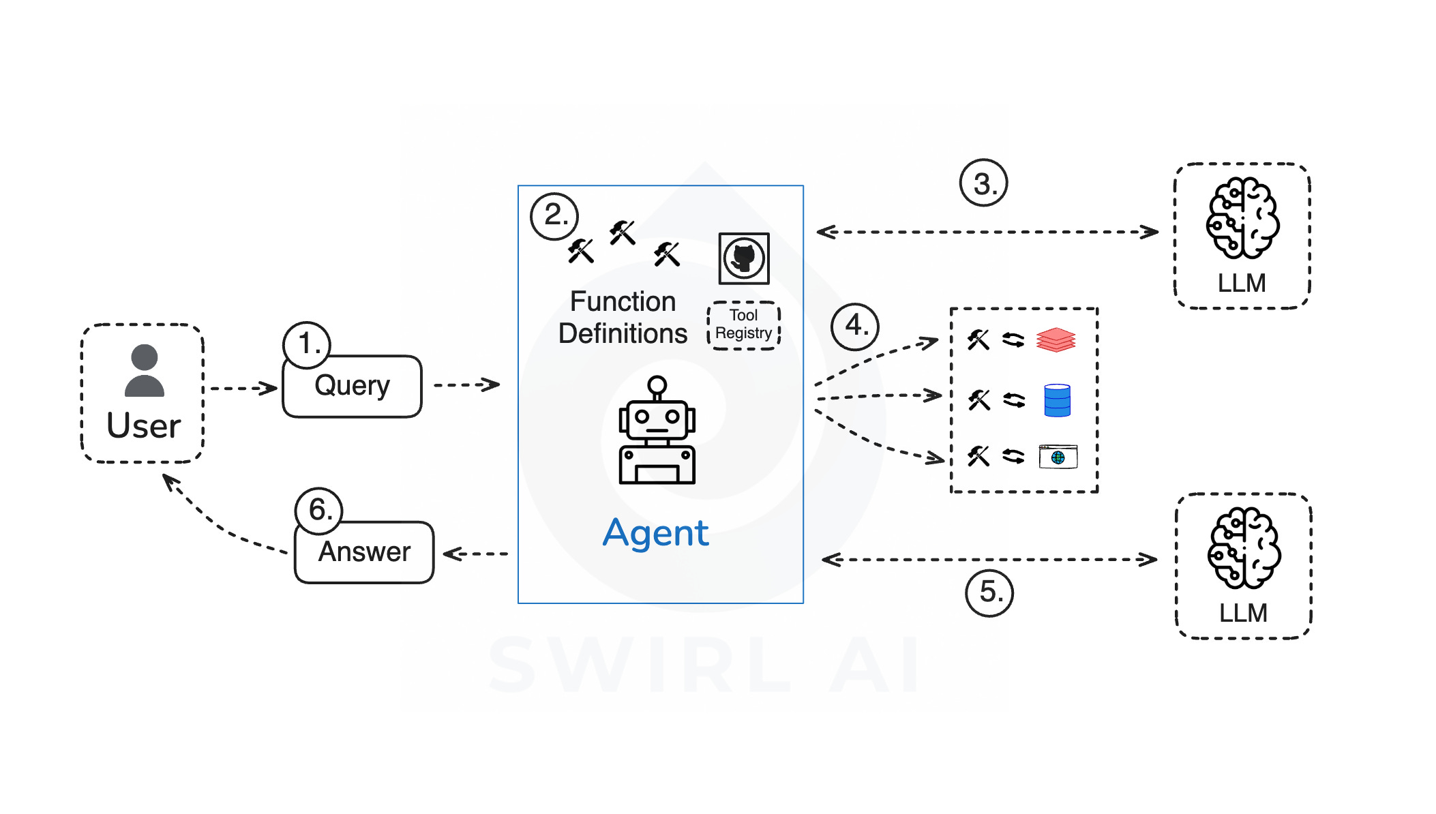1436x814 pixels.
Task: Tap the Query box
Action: click(x=352, y=387)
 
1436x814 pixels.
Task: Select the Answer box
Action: click(x=364, y=552)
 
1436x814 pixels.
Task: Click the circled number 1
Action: click(x=307, y=344)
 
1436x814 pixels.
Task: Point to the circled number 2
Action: click(x=554, y=216)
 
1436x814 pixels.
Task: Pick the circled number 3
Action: click(x=983, y=183)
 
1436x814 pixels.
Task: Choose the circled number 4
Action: click(x=855, y=327)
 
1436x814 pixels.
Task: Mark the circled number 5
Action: click(x=989, y=592)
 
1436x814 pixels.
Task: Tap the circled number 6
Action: click(x=318, y=510)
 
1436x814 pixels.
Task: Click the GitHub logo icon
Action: click(x=744, y=258)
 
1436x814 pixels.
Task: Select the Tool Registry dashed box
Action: click(x=744, y=325)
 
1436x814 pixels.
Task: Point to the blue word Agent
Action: click(x=656, y=533)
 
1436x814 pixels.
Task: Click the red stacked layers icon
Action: click(x=1056, y=340)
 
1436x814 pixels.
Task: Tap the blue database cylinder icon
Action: click(x=1057, y=400)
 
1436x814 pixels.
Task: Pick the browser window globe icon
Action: click(x=1058, y=457)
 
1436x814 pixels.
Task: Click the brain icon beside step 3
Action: click(x=1242, y=218)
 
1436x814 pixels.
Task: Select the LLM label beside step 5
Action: click(x=1243, y=613)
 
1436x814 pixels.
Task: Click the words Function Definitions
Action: click(x=623, y=318)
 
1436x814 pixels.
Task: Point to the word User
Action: click(x=144, y=426)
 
